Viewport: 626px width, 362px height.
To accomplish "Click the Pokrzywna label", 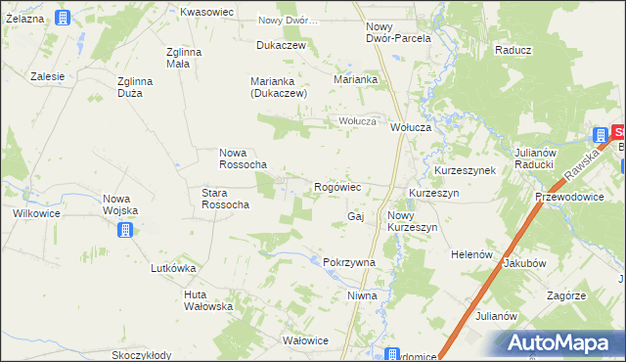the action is click(x=349, y=262).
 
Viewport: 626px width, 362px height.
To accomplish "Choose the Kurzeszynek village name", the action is click(x=465, y=169).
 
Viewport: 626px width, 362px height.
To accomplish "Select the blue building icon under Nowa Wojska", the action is click(x=124, y=231).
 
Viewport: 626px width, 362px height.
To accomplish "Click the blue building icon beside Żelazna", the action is click(x=63, y=18).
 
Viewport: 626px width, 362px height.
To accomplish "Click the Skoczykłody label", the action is click(x=141, y=355).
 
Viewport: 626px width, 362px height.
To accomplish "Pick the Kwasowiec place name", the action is click(x=205, y=12).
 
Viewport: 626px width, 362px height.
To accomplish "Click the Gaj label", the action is click(x=355, y=215).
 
